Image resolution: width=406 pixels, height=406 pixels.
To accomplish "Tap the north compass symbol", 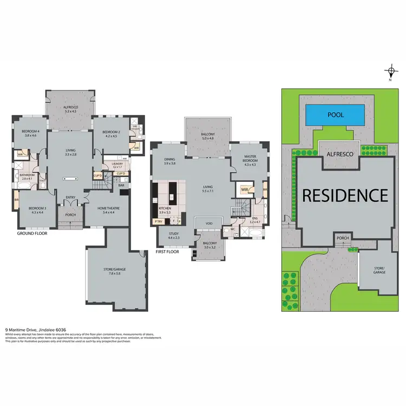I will coord(390,73).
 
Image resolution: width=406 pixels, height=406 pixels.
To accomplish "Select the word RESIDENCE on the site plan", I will coord(345,195).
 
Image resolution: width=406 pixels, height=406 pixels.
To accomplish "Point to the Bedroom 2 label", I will coord(110,134).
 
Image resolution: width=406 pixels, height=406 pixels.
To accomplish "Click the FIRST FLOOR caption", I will coord(167,252).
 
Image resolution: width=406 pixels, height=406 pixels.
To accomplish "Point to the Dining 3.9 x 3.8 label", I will coord(170,161).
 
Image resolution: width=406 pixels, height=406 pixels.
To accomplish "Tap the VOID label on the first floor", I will coord(208,223).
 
